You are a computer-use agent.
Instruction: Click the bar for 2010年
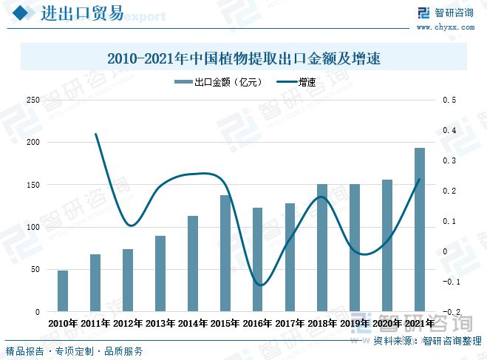click(63, 291)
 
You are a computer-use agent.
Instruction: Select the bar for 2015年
click(225, 254)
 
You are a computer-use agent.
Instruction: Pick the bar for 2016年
click(258, 259)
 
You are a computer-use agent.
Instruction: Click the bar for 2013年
click(160, 274)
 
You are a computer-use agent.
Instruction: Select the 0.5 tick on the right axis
click(449, 100)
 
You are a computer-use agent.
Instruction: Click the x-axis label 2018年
click(322, 323)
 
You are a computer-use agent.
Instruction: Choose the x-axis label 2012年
click(128, 323)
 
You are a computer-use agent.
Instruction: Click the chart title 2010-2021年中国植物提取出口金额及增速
click(243, 57)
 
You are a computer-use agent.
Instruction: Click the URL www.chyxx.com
click(445, 28)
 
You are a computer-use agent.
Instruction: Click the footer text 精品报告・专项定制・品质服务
click(75, 352)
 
